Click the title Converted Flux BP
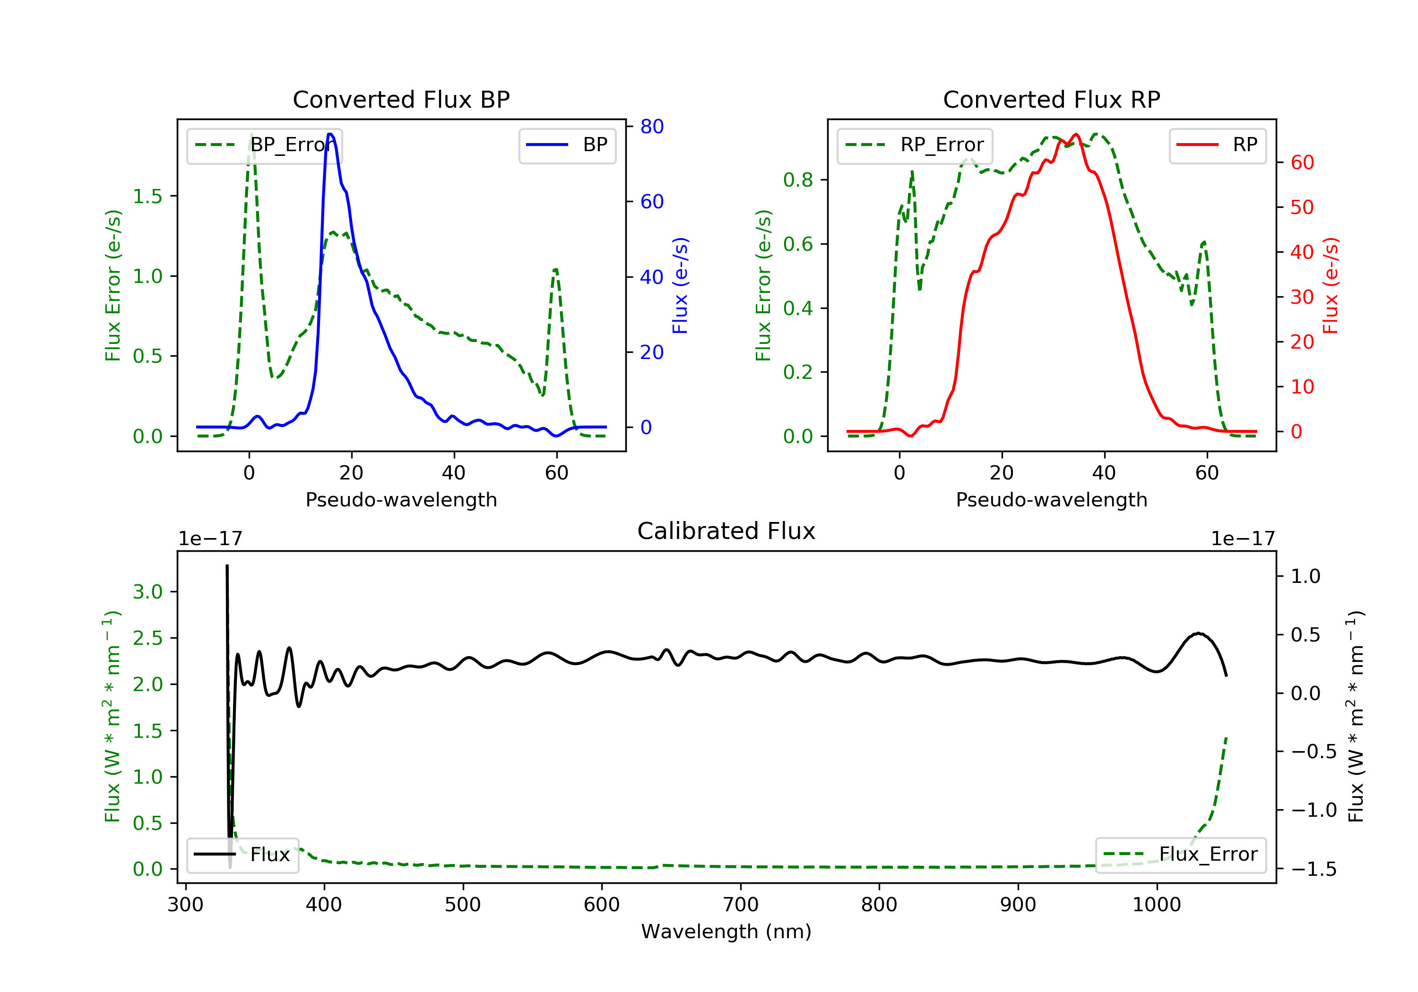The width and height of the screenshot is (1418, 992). (401, 99)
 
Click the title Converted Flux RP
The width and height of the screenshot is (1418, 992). (1051, 99)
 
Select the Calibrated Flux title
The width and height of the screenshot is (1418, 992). (726, 531)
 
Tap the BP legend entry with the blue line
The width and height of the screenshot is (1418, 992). (567, 145)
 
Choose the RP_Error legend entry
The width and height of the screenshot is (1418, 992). (915, 145)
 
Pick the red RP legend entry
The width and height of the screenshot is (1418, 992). (1217, 145)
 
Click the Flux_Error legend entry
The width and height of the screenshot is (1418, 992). (1180, 855)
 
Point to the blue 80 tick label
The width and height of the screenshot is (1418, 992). (651, 127)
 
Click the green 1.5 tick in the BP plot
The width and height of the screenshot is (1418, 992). (147, 197)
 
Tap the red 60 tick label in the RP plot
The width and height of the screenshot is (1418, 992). (1302, 162)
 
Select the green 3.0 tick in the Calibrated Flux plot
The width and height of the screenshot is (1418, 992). (147, 591)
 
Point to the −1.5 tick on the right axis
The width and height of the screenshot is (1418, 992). (1314, 869)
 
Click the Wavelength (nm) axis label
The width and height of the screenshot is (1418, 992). (726, 931)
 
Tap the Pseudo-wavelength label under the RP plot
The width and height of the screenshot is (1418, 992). (1051, 499)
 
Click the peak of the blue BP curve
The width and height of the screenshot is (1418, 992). (330, 134)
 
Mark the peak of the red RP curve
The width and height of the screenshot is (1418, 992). (1076, 134)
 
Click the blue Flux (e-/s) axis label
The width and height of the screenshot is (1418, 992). (680, 285)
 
